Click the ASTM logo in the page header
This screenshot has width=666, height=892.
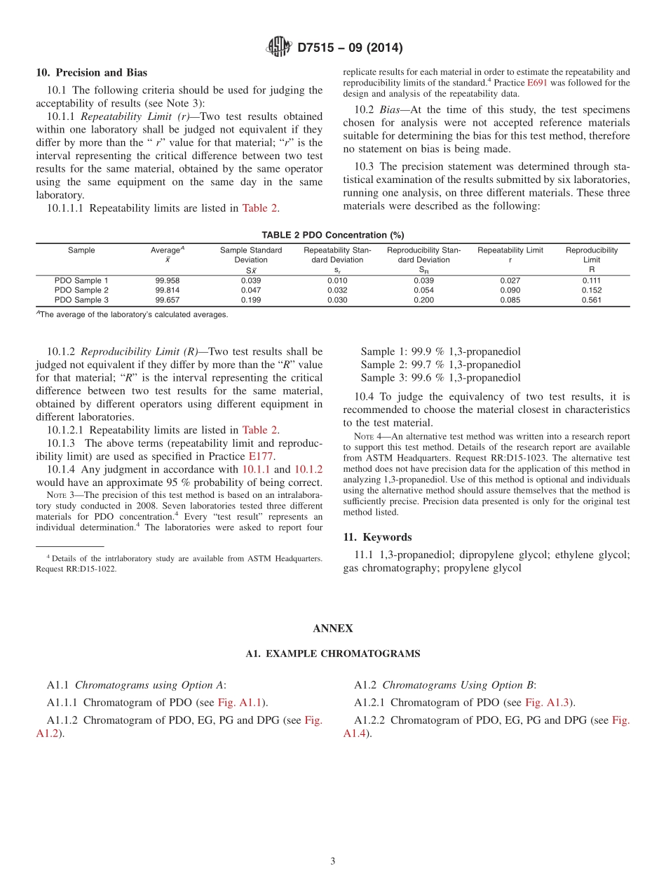[x=279, y=48]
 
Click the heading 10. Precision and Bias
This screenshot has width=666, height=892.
[x=91, y=72]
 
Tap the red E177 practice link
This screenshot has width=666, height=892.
[x=261, y=457]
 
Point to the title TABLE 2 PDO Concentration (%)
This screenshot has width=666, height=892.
[x=332, y=235]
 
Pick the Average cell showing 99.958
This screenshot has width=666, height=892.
[x=168, y=281]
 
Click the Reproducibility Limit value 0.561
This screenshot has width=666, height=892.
[x=591, y=300]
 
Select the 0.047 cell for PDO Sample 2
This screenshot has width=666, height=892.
[x=251, y=290]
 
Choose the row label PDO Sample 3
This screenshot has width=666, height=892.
[x=81, y=300]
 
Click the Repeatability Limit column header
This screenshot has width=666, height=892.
[x=510, y=250]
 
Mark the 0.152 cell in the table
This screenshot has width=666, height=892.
[x=591, y=290]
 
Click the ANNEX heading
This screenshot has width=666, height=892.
[x=332, y=628]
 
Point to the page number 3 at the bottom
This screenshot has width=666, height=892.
[x=333, y=861]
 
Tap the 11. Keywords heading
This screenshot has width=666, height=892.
[x=377, y=537]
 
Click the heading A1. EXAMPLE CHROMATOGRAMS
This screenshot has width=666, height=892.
[x=332, y=654]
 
